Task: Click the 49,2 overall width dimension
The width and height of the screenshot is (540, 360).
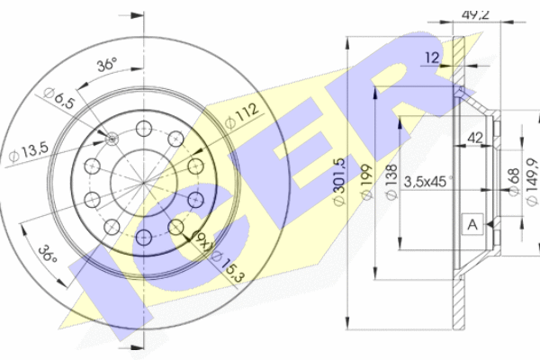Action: tap(474, 13)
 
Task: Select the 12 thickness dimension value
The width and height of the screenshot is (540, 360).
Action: tap(434, 58)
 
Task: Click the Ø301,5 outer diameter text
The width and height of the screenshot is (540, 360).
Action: tap(339, 184)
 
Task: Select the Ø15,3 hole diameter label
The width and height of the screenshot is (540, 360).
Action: tap(229, 265)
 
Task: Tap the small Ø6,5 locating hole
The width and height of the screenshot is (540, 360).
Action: tap(112, 138)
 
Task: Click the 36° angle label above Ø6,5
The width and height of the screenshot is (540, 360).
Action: tap(106, 65)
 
